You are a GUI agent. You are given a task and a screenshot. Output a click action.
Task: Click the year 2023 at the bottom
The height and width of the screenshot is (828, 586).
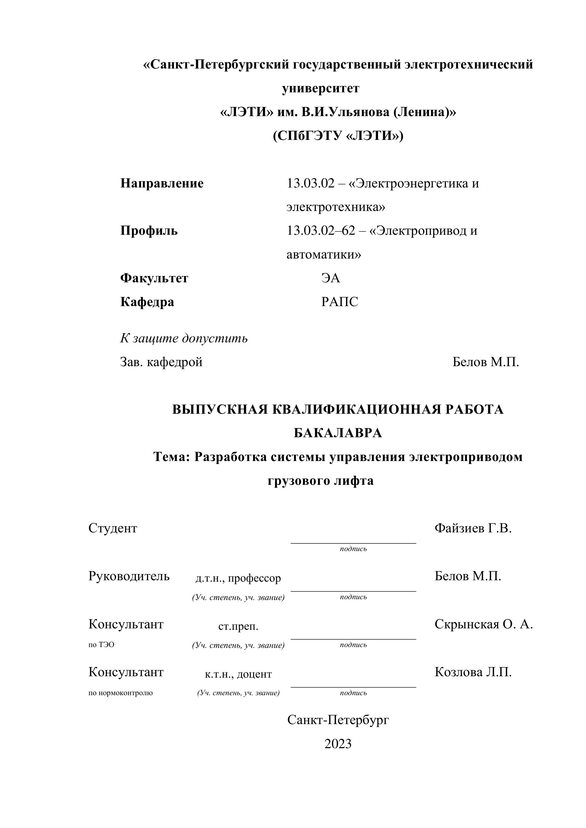338,744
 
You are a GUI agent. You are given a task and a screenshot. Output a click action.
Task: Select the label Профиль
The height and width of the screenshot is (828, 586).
149,231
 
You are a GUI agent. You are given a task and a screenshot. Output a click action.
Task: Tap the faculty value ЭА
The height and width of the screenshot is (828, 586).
330,278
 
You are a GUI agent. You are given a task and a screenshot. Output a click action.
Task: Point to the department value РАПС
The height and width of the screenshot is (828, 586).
339,302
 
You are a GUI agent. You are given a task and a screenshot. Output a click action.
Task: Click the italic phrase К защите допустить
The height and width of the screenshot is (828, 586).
184,338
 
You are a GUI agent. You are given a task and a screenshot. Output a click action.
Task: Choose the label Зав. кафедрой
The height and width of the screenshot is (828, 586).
161,362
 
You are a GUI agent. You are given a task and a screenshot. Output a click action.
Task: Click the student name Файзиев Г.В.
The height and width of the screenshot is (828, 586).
473,528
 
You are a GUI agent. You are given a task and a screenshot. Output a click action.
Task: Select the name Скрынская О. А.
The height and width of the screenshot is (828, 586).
483,624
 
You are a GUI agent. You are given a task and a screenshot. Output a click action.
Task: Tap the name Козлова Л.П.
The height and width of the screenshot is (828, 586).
473,672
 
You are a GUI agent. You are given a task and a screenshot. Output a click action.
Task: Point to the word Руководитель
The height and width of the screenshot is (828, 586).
129,576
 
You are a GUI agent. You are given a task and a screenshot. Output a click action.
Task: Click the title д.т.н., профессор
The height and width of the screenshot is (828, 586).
238,578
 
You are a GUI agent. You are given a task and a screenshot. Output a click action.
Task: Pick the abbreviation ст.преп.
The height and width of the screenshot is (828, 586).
238,626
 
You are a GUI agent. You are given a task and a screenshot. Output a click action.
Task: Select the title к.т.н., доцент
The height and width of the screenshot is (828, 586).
238,674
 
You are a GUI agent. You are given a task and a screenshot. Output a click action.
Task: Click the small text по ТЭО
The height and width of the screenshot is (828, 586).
101,645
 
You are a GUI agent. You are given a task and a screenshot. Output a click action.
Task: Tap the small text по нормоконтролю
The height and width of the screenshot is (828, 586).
120,693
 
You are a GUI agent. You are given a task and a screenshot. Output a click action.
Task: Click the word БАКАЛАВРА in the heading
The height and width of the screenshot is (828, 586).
338,433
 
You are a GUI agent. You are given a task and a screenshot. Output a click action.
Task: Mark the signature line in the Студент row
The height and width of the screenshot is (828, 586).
353,543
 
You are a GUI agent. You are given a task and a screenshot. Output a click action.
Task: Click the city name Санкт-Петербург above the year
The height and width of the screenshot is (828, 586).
338,720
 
